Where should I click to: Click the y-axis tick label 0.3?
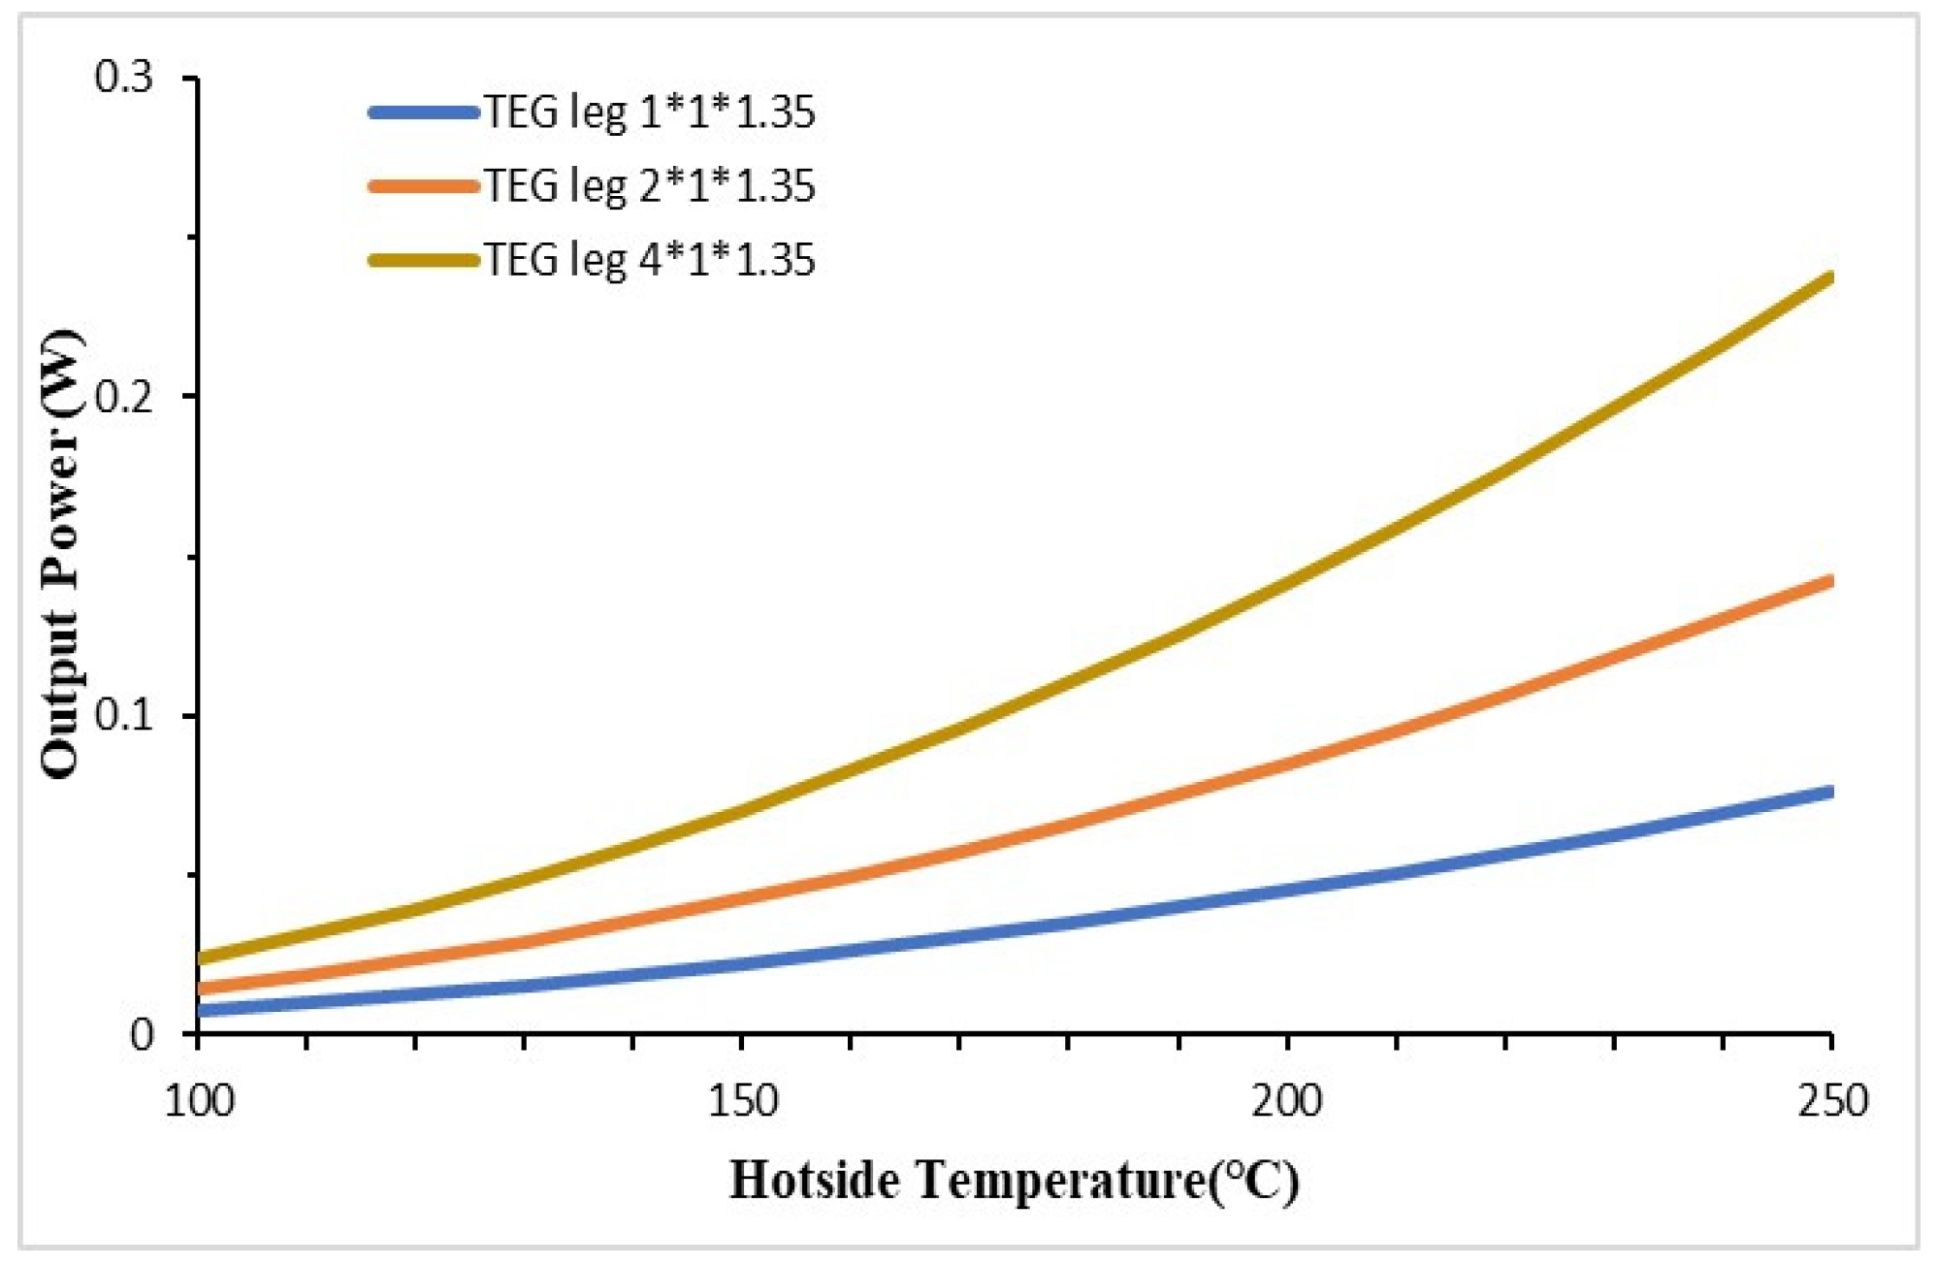124,78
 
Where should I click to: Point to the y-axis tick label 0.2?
124,397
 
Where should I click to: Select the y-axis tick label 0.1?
124,716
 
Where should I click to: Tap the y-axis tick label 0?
142,1035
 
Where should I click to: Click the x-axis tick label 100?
199,1101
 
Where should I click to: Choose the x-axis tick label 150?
742,1101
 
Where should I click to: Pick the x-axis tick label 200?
1286,1101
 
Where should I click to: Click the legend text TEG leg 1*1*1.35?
649,114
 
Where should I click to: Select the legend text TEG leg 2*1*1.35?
649,186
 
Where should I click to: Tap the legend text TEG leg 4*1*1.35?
649,260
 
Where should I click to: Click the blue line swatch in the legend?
424,113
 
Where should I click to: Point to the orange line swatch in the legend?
424,185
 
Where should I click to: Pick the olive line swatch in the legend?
424,259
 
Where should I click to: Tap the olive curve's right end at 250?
1829,278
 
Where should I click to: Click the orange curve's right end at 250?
1829,582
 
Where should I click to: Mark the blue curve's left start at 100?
200,1010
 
